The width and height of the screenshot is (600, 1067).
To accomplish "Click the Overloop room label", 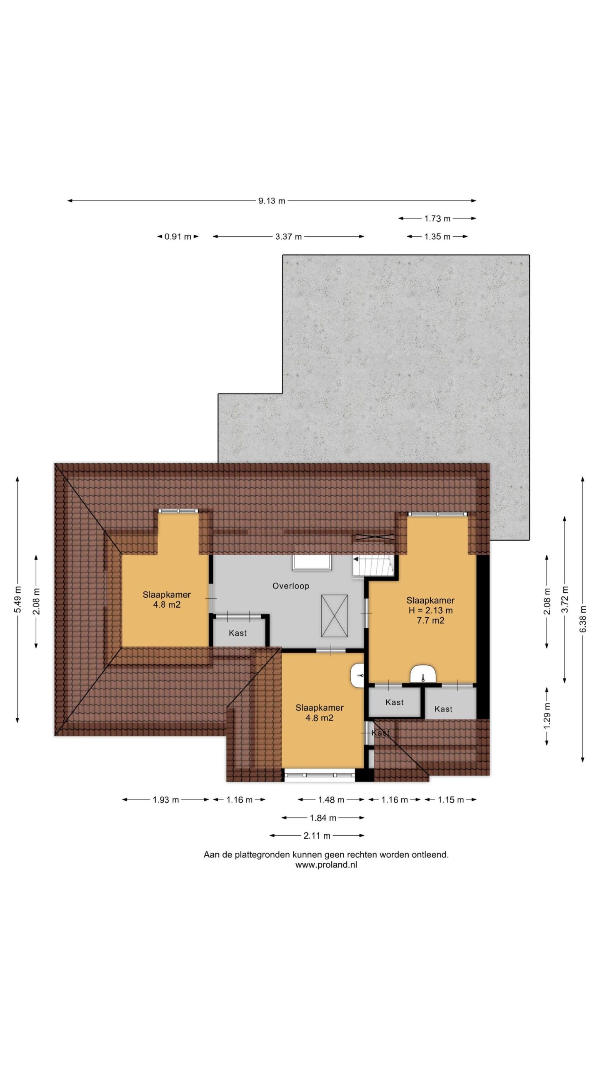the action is point(290,586).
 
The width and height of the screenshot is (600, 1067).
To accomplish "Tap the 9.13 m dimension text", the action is point(272,200).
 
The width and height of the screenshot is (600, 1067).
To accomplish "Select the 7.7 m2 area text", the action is point(430,620).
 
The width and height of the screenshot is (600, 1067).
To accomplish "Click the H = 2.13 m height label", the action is point(430,610).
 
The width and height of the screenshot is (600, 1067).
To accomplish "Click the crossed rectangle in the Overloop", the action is point(334,616).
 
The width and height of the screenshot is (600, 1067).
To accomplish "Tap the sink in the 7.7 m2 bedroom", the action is point(423,674).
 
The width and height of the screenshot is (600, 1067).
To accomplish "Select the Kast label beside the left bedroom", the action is point(237,633).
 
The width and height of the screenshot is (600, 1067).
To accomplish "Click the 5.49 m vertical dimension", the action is point(17,599).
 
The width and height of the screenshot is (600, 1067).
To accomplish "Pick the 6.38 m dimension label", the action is point(582,619).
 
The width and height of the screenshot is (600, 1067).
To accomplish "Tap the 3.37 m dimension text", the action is point(288,236).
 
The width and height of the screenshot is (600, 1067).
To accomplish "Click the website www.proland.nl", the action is point(326,864).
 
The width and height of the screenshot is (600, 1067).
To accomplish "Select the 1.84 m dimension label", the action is point(323,818).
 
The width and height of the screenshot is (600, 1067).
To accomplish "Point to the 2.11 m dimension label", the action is point(317,836).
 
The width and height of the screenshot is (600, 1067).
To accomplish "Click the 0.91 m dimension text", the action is point(178,236).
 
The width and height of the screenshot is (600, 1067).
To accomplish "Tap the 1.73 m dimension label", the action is point(437,218).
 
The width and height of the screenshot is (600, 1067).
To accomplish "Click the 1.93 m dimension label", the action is point(166,799).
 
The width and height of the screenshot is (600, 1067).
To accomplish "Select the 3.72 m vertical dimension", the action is point(565,599).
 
